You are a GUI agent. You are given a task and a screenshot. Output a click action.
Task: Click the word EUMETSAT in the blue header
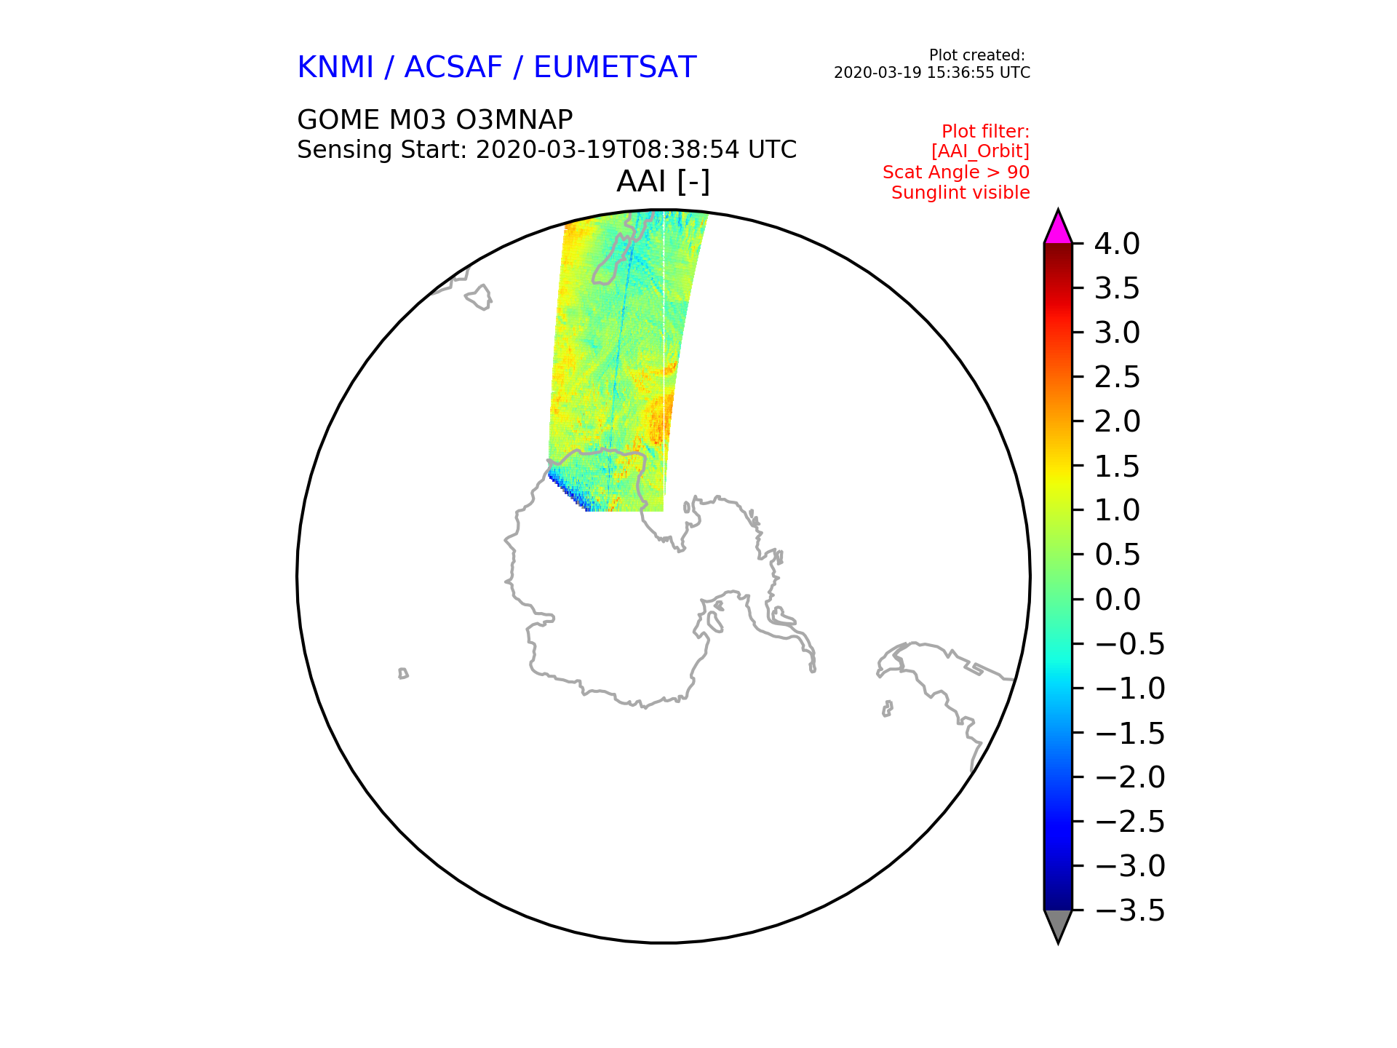(615, 68)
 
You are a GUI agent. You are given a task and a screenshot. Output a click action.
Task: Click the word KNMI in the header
(335, 68)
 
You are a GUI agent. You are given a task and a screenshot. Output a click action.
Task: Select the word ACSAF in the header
(453, 68)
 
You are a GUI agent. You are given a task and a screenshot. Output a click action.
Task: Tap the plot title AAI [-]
(663, 181)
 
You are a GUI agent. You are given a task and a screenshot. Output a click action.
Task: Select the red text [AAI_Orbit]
(980, 151)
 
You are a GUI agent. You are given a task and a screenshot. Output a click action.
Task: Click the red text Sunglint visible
(960, 193)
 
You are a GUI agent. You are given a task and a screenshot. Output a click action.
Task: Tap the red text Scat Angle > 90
(956, 172)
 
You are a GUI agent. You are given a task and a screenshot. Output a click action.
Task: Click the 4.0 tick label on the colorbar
(1117, 244)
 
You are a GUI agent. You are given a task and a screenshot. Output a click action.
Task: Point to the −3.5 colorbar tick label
(1129, 910)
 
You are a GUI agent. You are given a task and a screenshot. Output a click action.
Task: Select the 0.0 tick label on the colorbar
(1117, 600)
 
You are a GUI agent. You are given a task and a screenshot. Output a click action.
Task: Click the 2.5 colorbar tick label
(1117, 377)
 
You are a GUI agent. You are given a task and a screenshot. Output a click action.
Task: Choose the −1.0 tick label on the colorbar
(1129, 688)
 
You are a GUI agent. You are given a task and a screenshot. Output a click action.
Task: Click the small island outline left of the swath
(479, 297)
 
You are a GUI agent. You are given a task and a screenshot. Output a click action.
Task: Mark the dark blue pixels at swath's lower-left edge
(568, 491)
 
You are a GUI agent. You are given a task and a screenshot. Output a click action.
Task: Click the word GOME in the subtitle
(338, 119)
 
